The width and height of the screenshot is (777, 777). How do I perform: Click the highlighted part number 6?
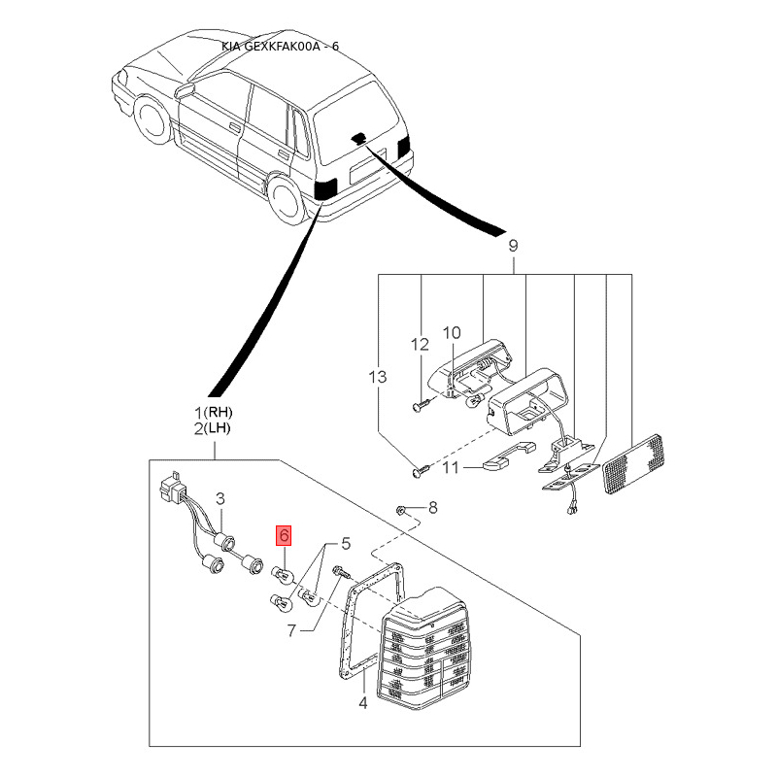284,535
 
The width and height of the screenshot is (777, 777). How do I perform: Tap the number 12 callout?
420,344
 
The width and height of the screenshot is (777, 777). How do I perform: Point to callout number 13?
378,377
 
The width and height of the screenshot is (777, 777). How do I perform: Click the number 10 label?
452,333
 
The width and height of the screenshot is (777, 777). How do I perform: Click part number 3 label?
220,498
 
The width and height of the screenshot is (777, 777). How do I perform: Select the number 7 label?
292,630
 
